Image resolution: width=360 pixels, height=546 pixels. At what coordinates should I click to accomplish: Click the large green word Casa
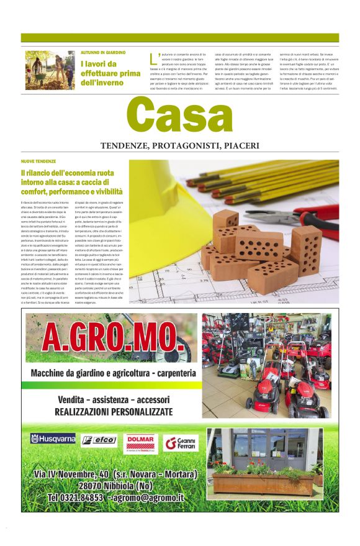pos(179,117)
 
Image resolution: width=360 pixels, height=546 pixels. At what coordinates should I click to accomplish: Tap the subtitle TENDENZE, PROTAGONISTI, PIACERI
pos(180,147)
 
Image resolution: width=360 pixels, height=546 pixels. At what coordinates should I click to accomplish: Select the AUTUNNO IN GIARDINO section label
pos(103,53)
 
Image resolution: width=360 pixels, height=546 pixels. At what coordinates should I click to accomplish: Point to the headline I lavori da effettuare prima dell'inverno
pos(110,73)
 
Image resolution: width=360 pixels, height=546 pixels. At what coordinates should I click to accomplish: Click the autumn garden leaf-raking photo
pos(50,70)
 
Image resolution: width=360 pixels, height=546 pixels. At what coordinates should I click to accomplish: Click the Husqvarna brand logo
pos(53,439)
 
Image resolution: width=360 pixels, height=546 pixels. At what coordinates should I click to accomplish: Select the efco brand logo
pos(99,440)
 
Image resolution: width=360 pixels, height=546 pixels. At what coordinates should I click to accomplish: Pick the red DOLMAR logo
pos(140,442)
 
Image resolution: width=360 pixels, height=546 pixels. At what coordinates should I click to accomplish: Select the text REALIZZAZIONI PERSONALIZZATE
pos(114,411)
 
